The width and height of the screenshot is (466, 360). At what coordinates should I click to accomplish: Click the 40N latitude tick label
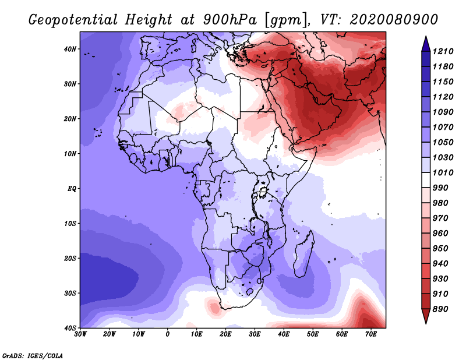(70, 49)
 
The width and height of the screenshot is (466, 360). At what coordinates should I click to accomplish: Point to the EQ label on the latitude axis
(72, 189)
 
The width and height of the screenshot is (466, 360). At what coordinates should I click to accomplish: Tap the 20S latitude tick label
(70, 258)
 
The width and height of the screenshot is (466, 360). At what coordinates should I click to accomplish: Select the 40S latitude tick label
(70, 328)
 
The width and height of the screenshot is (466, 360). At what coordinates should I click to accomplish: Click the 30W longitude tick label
(80, 334)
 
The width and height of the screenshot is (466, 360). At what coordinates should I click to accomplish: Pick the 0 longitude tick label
(168, 334)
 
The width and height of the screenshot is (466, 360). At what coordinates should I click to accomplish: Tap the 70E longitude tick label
(371, 334)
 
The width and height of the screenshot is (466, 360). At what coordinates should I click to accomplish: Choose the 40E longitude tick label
(284, 334)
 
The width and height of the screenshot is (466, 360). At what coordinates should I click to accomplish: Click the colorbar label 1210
(443, 51)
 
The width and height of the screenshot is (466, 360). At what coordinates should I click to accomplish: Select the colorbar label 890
(440, 309)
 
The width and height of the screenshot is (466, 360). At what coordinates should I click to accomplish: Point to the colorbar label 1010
(443, 172)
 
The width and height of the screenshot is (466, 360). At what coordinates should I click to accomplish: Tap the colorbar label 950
(440, 249)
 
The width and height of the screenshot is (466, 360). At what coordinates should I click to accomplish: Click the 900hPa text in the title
(230, 20)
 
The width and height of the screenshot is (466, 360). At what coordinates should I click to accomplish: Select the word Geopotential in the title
(73, 20)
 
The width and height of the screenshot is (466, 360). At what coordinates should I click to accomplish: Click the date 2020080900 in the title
(394, 20)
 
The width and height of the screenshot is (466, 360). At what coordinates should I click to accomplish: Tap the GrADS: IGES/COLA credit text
(33, 356)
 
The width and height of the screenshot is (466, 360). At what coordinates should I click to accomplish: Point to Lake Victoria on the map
(263, 192)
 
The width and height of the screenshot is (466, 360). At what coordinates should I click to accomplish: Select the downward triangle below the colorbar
(426, 316)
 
